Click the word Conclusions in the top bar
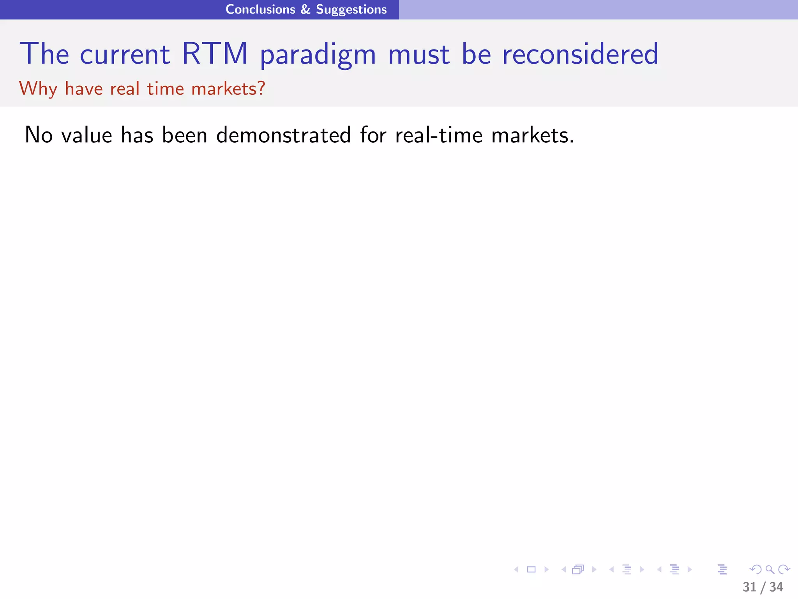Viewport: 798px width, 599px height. pos(260,9)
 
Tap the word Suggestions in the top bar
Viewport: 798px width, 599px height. pos(351,10)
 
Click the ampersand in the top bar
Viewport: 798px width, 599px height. pos(305,9)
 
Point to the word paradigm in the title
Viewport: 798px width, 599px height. pos(318,55)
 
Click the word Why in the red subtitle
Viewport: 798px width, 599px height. pos(38,89)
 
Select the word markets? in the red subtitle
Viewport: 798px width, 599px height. pos(228,89)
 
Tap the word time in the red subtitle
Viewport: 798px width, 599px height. pos(166,89)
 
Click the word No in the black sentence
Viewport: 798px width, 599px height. pos(39,135)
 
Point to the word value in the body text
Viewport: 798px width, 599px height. pos(87,135)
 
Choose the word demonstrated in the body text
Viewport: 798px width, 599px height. pos(284,135)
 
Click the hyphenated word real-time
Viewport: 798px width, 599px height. pos(439,135)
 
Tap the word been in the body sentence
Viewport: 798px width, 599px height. pos(184,135)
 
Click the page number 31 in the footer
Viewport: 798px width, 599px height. pos(749,587)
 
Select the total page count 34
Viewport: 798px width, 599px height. pos(776,587)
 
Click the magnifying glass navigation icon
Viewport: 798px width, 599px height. pos(770,569)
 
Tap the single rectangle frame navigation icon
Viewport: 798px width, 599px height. pos(531,569)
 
